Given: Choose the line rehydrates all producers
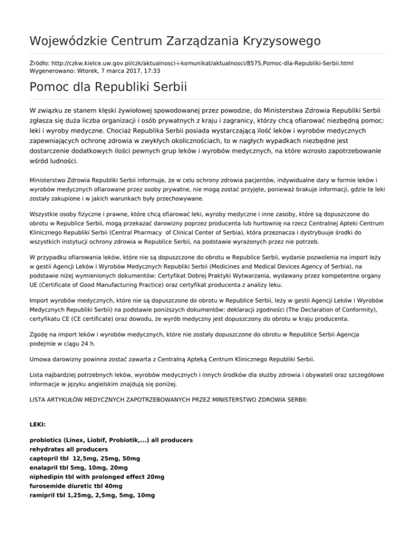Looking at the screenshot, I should [x=69, y=449].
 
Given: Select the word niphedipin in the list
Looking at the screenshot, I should [x=48, y=477].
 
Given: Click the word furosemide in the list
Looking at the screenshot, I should [x=49, y=486].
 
